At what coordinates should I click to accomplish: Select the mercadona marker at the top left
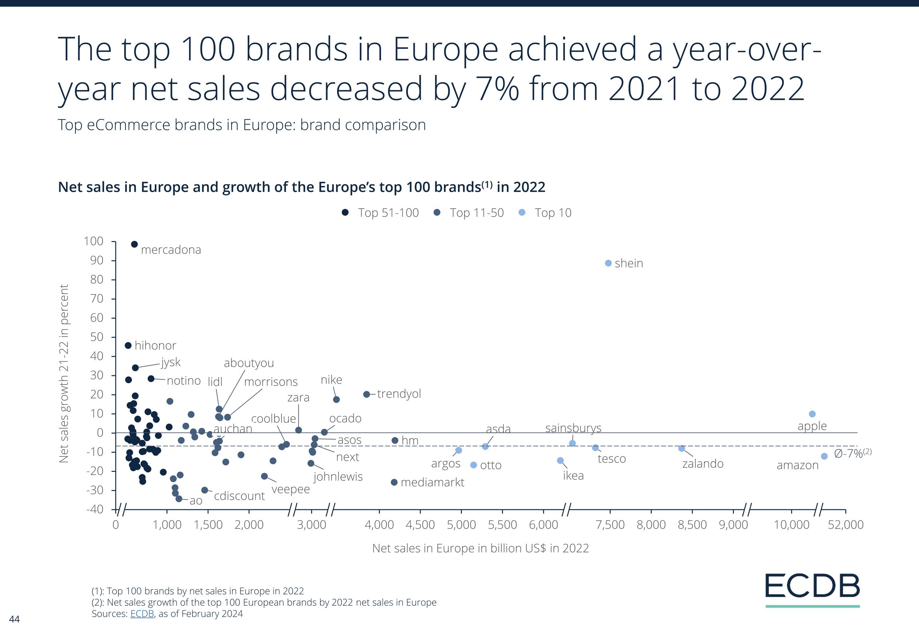tap(134, 244)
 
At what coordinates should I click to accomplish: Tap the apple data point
tap(812, 414)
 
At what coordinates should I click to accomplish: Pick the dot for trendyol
tap(366, 394)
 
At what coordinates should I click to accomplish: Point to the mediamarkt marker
tap(394, 482)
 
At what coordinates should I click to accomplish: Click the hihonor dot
tap(128, 345)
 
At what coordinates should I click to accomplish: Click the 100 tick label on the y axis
tap(93, 241)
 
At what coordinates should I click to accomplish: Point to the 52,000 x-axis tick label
tap(845, 525)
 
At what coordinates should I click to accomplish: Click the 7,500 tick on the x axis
tap(610, 525)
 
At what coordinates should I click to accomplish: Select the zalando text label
tap(703, 463)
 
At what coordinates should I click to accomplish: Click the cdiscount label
tap(239, 496)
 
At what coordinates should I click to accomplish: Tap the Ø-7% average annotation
tap(852, 454)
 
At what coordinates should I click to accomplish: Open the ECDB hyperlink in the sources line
tap(142, 614)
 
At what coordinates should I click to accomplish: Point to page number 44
tap(14, 619)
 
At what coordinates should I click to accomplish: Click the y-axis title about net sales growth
tap(64, 374)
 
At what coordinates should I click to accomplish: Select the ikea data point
tap(560, 461)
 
